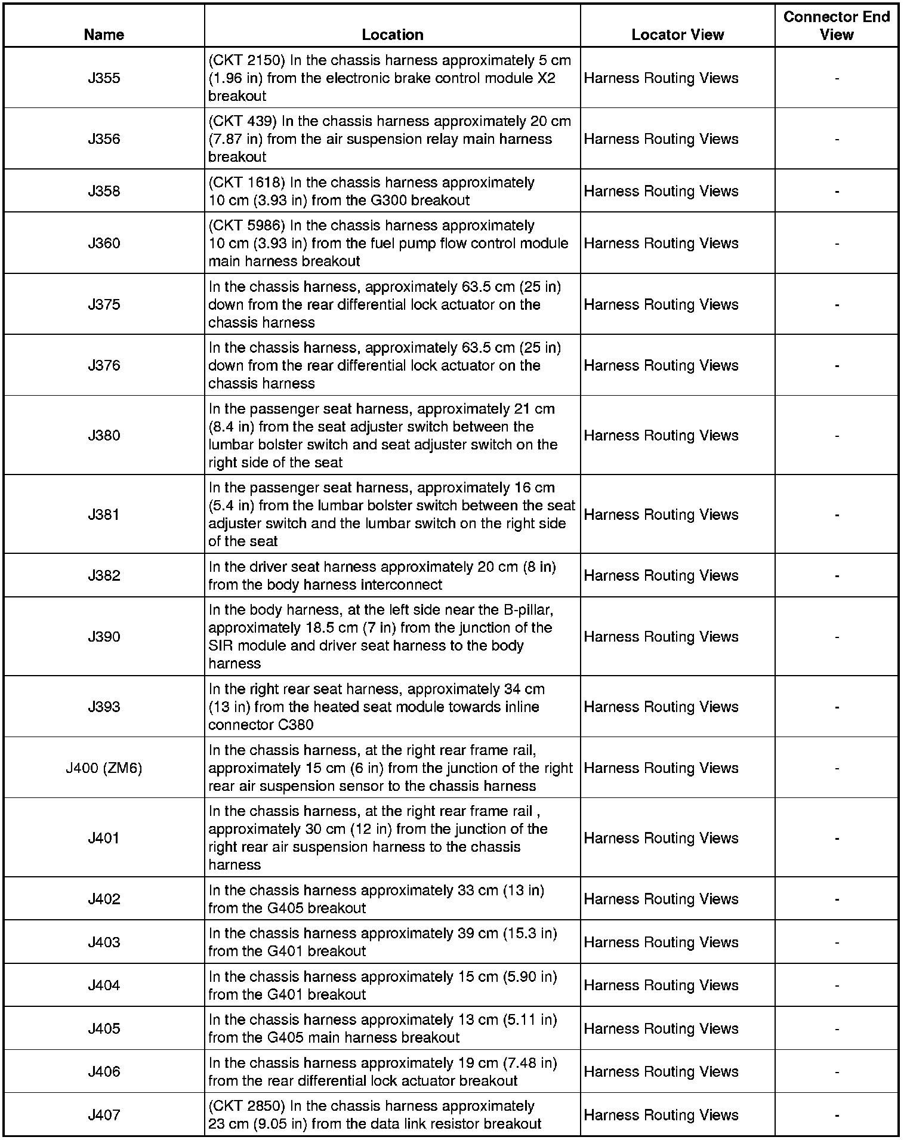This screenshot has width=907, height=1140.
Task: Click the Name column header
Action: click(x=104, y=35)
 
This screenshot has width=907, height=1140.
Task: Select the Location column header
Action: click(x=392, y=35)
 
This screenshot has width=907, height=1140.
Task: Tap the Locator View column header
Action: click(x=677, y=35)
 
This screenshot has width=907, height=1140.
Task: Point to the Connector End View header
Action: click(x=836, y=26)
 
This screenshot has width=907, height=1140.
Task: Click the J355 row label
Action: click(x=104, y=78)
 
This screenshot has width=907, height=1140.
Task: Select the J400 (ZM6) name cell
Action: click(x=104, y=768)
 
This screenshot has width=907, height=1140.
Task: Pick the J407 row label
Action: click(x=104, y=1115)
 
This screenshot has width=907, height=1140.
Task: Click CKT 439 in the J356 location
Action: click(x=246, y=122)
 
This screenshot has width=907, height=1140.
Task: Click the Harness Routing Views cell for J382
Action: click(x=661, y=575)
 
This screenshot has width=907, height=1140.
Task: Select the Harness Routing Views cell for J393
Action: click(x=661, y=707)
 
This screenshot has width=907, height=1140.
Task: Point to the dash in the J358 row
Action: click(x=837, y=192)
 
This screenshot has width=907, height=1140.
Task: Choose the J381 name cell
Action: click(x=104, y=514)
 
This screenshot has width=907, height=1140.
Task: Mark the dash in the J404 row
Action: click(x=837, y=985)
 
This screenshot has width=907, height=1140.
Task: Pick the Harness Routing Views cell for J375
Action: click(x=661, y=304)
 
